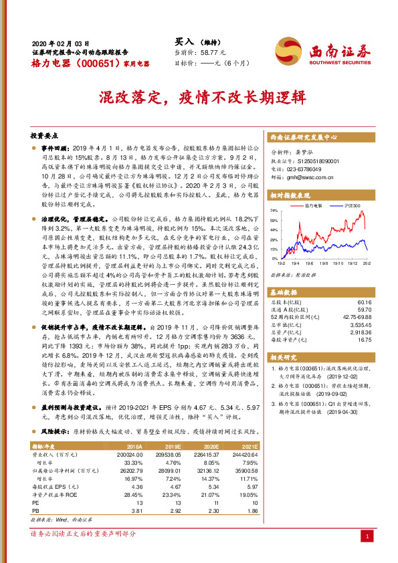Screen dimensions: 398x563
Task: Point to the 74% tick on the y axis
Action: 274,210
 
